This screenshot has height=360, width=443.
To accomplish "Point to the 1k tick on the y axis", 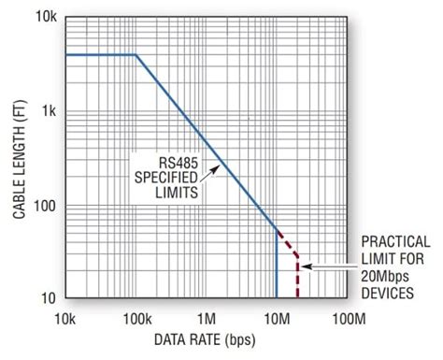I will pos(50,111).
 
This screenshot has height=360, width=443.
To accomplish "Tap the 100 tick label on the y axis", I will pos(45,206).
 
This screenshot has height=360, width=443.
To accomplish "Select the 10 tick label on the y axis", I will pos(49,298).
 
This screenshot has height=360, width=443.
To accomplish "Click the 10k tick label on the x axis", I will pos(65,319).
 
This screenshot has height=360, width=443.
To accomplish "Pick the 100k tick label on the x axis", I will pos(136,319).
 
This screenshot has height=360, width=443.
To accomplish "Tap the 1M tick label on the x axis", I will pos(207,319).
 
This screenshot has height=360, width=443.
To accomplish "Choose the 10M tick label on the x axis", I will pos(277,319).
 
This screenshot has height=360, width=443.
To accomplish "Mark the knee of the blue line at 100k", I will pos(136,54).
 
